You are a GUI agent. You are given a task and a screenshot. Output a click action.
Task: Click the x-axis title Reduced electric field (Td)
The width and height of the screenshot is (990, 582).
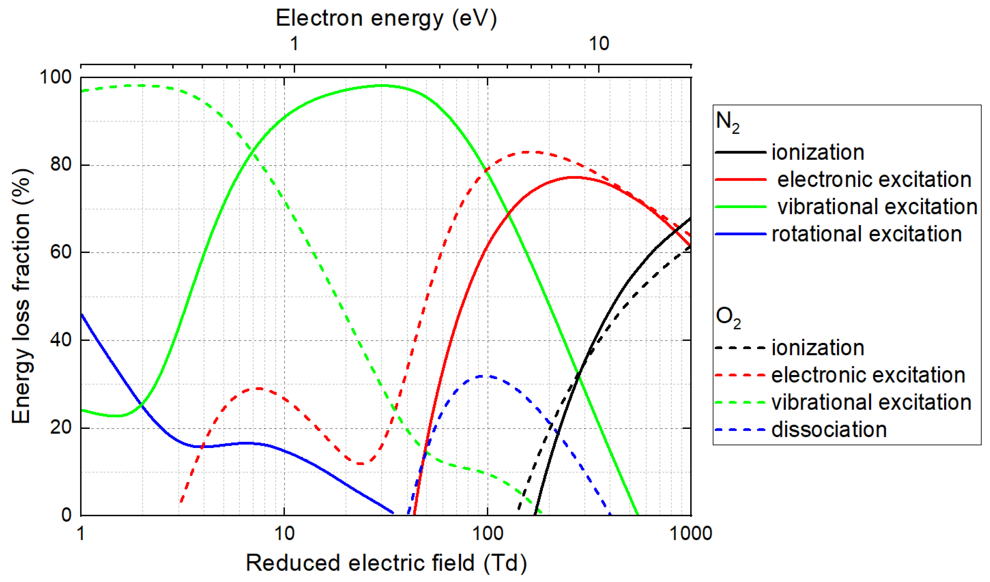pyautogui.click(x=386, y=563)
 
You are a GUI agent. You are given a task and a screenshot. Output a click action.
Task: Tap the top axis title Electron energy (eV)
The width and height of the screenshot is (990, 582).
pyautogui.click(x=386, y=19)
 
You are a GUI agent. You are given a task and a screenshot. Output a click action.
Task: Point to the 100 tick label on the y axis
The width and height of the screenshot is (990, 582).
pyautogui.click(x=56, y=77)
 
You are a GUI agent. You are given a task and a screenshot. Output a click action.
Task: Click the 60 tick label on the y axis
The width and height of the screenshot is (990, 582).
pyautogui.click(x=61, y=252)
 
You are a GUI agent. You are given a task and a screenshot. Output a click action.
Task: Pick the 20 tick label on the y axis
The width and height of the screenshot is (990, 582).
pyautogui.click(x=61, y=428)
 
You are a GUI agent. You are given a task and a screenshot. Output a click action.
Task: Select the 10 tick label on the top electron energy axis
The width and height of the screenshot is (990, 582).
pyautogui.click(x=599, y=43)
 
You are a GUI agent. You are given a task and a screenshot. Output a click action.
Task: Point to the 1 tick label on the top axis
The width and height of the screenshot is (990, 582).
pyautogui.click(x=294, y=43)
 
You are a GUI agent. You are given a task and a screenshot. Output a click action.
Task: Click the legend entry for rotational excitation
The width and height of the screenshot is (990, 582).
pyautogui.click(x=866, y=234)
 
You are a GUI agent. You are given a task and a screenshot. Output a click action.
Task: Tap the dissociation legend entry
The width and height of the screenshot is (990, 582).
pyautogui.click(x=829, y=430)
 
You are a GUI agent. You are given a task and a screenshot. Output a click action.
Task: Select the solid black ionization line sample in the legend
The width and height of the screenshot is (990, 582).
pyautogui.click(x=741, y=152)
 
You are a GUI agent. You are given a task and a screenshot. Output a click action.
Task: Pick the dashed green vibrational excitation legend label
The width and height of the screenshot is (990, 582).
pyautogui.click(x=871, y=403)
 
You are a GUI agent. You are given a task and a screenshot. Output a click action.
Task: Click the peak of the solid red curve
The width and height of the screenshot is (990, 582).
pyautogui.click(x=574, y=177)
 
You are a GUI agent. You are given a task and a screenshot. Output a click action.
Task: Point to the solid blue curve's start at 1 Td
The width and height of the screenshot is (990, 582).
pyautogui.click(x=81, y=315)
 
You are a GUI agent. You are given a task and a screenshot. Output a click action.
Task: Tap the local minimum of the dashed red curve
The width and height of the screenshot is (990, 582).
pyautogui.click(x=361, y=464)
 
